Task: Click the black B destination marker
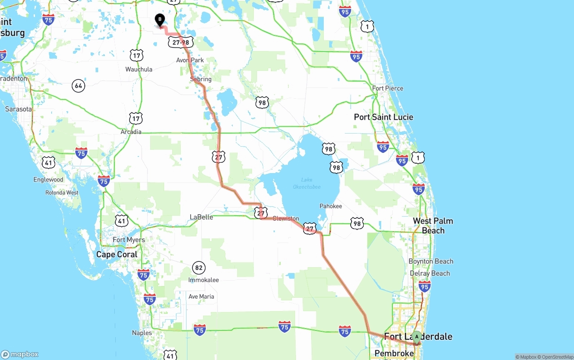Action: [x=160, y=20]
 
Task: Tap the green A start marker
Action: [x=417, y=337]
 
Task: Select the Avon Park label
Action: [x=190, y=60]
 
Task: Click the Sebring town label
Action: [x=200, y=79]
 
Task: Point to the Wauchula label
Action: [x=139, y=69]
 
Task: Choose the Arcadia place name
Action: [x=131, y=132]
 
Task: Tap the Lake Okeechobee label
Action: [x=307, y=183]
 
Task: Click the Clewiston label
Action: [x=286, y=218]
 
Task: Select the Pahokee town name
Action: [x=330, y=206]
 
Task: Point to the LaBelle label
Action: [x=201, y=217]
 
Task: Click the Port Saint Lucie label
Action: [x=383, y=117]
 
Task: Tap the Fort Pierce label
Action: [x=387, y=88]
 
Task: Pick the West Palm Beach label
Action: [x=433, y=226]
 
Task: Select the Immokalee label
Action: [x=204, y=280]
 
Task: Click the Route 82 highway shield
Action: [x=199, y=268]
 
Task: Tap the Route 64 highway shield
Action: [x=78, y=86]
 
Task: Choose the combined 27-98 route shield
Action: [x=181, y=42]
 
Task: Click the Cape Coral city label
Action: [x=117, y=254]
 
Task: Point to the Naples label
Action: [x=142, y=333]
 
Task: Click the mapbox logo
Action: [x=20, y=354]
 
